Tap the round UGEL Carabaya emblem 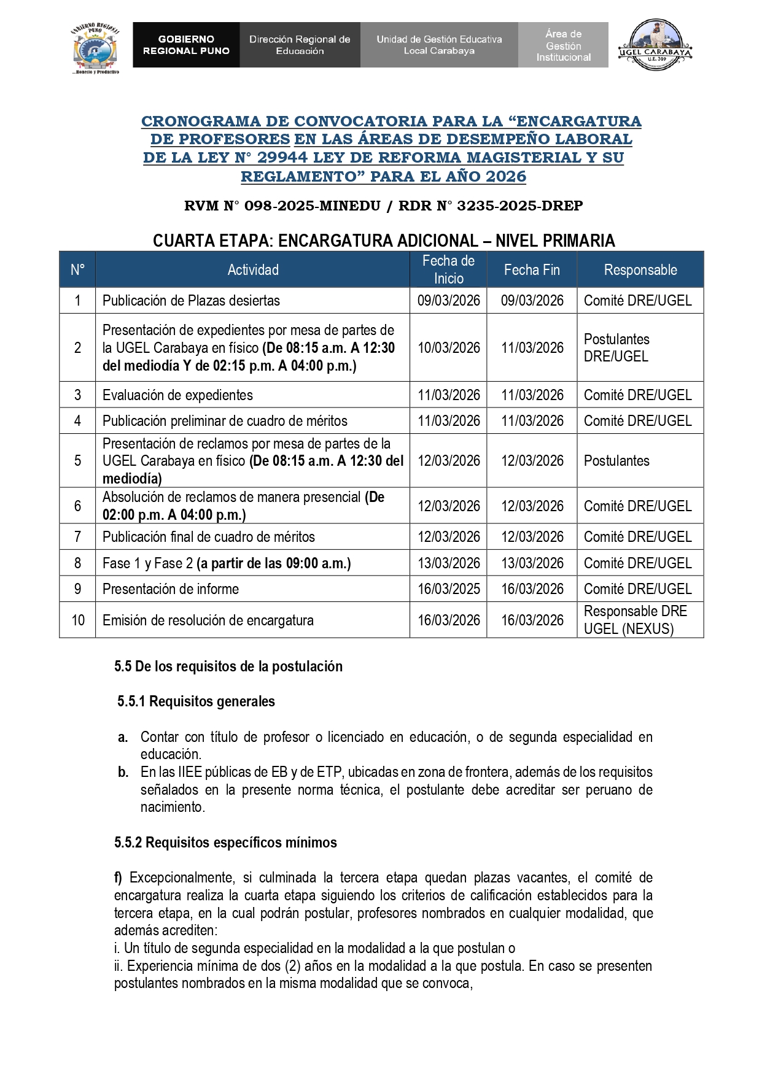coord(655,44)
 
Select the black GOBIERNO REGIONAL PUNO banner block coord(186,45)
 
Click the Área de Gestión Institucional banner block coord(563,45)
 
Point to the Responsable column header coord(640,270)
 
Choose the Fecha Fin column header coord(532,270)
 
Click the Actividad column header coord(253,270)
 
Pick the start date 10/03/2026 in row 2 coord(449,348)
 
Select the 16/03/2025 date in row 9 coord(449,589)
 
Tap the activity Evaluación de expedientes coord(177,395)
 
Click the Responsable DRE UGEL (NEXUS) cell coord(636,620)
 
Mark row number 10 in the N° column coord(78,620)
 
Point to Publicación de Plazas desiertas coord(191,301)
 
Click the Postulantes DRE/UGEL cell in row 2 coord(616,348)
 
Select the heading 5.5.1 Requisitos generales coord(196,701)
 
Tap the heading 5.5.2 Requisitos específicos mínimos coord(225,843)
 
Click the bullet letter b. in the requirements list coord(123,772)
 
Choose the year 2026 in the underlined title coord(506,177)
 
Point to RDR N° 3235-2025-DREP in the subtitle coord(491,206)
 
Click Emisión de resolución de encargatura coord(208,620)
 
